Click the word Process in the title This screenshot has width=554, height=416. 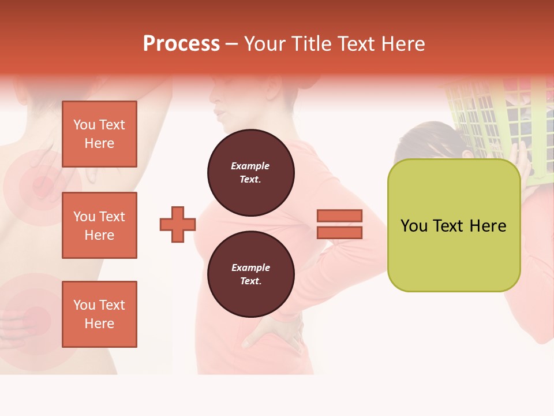coord(181,44)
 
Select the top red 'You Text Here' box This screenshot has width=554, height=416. coord(99,134)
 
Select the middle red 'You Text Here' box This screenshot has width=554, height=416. coord(99,225)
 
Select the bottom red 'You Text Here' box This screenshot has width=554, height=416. coord(99,314)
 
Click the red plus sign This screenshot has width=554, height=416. coord(178,224)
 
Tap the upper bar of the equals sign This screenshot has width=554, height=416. coord(339,216)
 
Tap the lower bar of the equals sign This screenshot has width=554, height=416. coord(339,233)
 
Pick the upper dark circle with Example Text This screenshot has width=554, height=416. coord(250,173)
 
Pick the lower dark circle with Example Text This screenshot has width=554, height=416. coord(250,274)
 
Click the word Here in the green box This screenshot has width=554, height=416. coord(488,226)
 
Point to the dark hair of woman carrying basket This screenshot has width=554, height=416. coord(427,139)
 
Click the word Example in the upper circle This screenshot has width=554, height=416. coord(250,166)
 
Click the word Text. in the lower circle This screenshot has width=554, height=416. coord(250,281)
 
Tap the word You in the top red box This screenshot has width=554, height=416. coord(84,125)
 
